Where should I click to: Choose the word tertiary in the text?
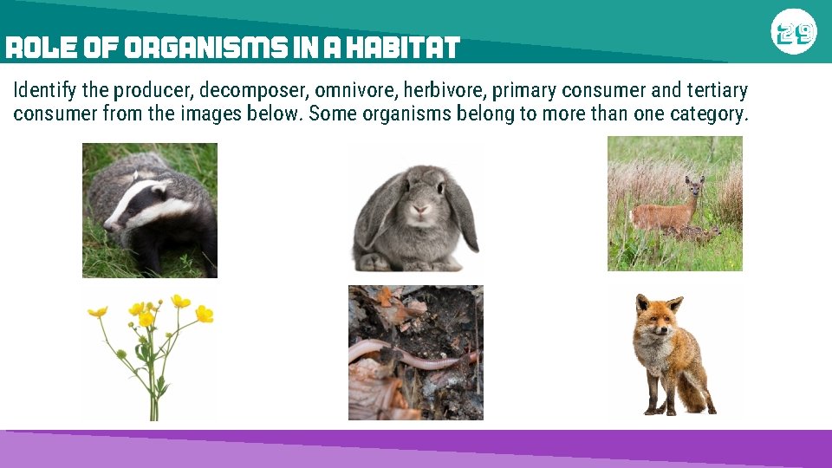(x=712, y=90)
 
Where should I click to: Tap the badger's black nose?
(x=107, y=227)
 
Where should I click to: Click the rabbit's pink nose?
(x=419, y=209)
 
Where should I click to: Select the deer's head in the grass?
(x=693, y=186)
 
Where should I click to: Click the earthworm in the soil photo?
(x=407, y=354)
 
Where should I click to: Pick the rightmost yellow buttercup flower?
(x=204, y=314)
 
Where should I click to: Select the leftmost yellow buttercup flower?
(x=97, y=311)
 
